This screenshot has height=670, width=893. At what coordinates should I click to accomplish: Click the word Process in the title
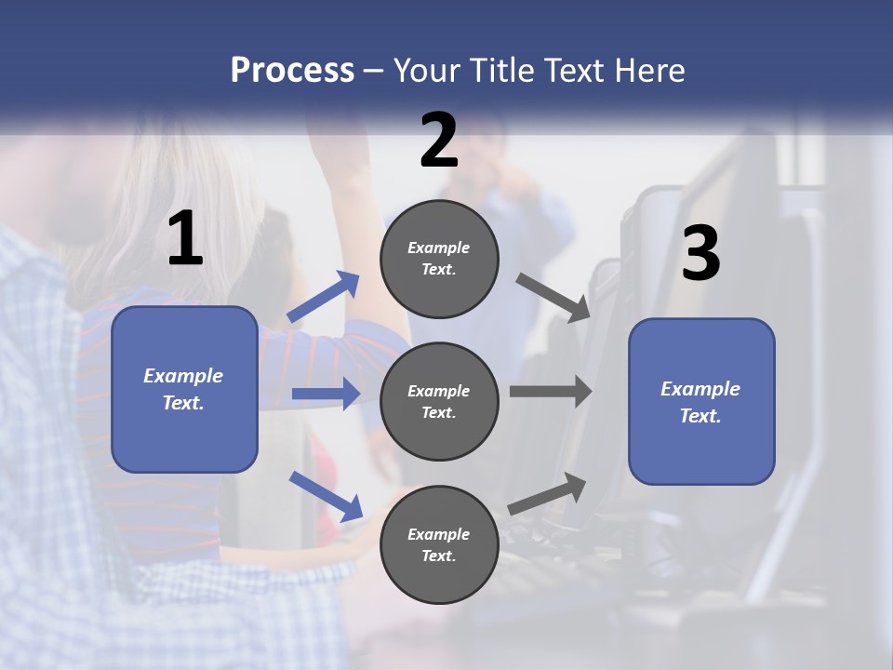pyautogui.click(x=292, y=70)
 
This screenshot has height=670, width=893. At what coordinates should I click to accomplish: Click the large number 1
pyautogui.click(x=185, y=239)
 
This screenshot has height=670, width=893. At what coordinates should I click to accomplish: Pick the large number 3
pyautogui.click(x=700, y=254)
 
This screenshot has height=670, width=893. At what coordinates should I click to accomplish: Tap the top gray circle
pyautogui.click(x=439, y=259)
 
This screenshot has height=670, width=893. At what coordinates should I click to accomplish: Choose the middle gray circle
pyautogui.click(x=439, y=401)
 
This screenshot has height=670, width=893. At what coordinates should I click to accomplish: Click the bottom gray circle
pyautogui.click(x=439, y=544)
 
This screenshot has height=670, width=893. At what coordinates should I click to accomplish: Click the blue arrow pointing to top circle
pyautogui.click(x=324, y=297)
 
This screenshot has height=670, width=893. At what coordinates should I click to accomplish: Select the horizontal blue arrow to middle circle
pyautogui.click(x=326, y=394)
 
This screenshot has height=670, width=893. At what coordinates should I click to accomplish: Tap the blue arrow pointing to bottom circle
pyautogui.click(x=326, y=495)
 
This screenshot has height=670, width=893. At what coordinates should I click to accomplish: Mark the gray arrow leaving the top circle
pyautogui.click(x=553, y=297)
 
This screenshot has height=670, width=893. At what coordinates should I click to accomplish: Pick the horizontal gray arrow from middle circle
pyautogui.click(x=550, y=392)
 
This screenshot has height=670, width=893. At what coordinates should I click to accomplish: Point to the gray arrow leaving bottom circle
pyautogui.click(x=548, y=493)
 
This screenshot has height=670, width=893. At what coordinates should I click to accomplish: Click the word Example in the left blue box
pyautogui.click(x=183, y=376)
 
